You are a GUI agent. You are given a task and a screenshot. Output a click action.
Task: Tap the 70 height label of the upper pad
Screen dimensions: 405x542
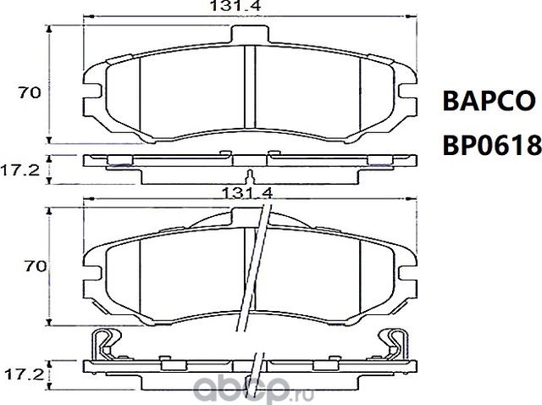31,93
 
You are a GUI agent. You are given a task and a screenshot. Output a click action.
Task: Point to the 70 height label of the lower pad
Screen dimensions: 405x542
31,266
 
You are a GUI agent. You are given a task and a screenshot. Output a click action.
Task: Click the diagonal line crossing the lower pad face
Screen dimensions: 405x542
254,271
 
